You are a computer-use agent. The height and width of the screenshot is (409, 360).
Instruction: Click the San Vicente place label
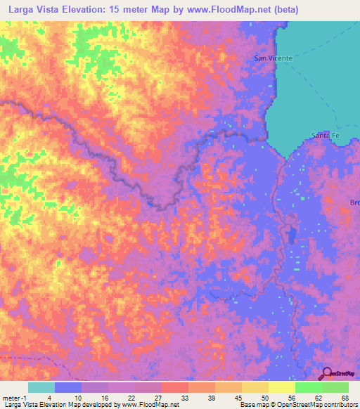tap(273, 58)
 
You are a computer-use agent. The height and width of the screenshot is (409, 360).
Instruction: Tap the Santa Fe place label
tap(325, 135)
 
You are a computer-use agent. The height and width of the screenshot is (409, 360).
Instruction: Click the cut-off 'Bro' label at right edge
tap(354, 202)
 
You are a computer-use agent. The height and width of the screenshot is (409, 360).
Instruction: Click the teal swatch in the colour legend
tap(41, 387)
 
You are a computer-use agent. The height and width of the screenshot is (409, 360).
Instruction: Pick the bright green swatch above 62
tap(309, 387)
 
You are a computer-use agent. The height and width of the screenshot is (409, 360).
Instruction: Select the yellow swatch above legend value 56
tap(282, 387)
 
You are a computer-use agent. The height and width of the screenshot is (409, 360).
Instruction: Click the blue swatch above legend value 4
tap(68, 387)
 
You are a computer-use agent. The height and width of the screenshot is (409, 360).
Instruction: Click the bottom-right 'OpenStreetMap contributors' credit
tap(316, 405)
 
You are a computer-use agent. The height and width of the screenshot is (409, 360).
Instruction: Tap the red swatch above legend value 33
tap(175, 387)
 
